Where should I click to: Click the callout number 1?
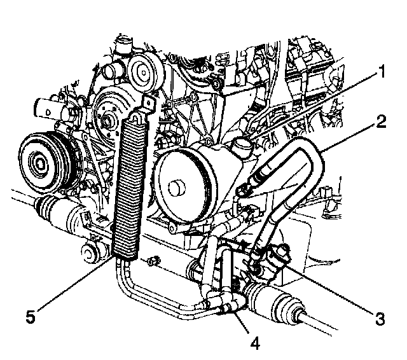point(382,72)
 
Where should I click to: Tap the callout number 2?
point(381,121)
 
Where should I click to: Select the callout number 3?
point(380,319)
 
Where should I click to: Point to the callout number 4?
point(255,344)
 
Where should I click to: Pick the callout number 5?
point(31,317)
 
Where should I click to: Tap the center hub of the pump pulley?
point(177,188)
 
